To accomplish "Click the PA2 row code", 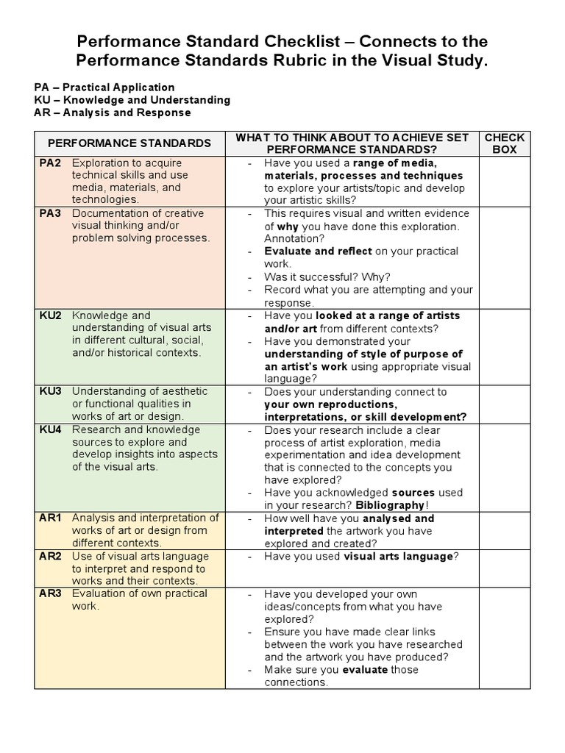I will [50, 163].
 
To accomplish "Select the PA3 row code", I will [50, 213].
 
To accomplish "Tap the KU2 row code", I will [50, 315].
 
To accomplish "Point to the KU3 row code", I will [50, 391].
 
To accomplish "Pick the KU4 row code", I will [50, 429].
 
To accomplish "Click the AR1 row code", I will [50, 518].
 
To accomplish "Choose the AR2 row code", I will [50, 556].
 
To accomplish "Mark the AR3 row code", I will [50, 593].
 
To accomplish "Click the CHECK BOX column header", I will [504, 143].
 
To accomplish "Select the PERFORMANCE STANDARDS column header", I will [129, 143].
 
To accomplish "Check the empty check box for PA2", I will [504, 181].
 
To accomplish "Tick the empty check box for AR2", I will [504, 568].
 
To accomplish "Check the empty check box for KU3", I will [504, 404].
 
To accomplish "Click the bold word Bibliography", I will [390, 505].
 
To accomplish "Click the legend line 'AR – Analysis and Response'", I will [112, 113].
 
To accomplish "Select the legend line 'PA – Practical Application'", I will [104, 87].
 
